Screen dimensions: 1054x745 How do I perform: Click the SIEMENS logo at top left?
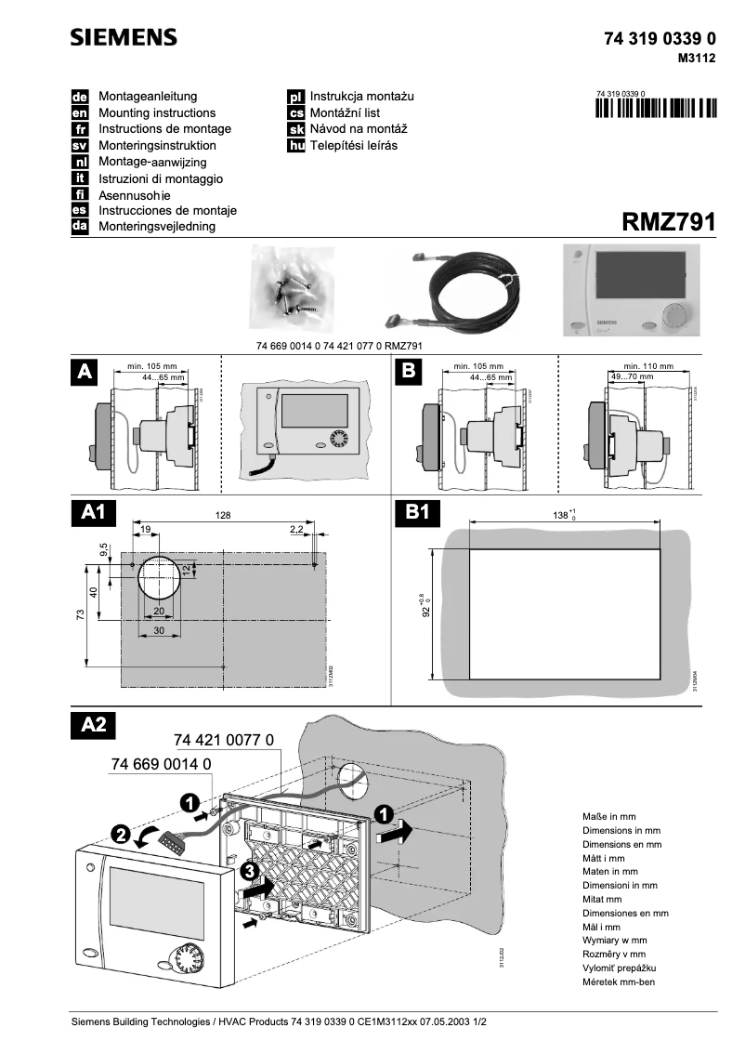pyautogui.click(x=124, y=38)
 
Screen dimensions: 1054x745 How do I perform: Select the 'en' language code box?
pyautogui.click(x=80, y=112)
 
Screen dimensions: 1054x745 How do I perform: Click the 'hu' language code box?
pyautogui.click(x=296, y=146)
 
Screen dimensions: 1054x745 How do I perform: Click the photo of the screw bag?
pyautogui.click(x=294, y=287)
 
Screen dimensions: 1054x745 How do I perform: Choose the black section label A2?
pyautogui.click(x=94, y=725)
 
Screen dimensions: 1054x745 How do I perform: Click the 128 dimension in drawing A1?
pyautogui.click(x=223, y=515)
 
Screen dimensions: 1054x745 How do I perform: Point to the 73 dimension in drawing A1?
pyautogui.click(x=81, y=614)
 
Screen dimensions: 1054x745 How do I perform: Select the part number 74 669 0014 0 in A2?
pyautogui.click(x=162, y=763)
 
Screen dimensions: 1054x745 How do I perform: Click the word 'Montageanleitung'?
pyautogui.click(x=148, y=96)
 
